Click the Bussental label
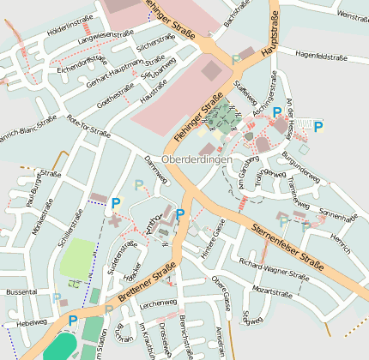tap(21, 292)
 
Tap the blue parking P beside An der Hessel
tap(318, 127)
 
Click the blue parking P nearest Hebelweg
tap(72, 321)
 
